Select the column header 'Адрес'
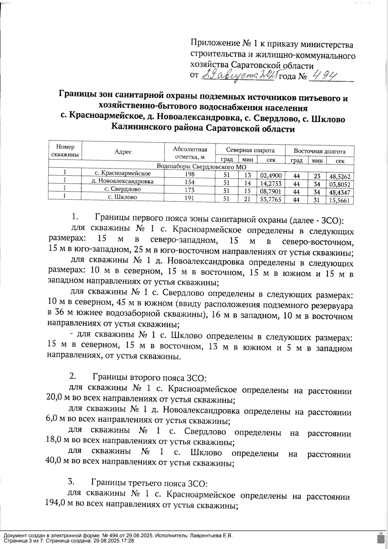click(x=123, y=152)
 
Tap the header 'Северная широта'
click(x=250, y=150)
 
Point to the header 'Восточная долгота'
click(x=319, y=151)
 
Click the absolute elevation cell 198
click(x=189, y=175)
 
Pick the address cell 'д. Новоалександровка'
click(x=123, y=182)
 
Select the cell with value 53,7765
click(x=271, y=199)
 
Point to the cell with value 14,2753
click(x=271, y=183)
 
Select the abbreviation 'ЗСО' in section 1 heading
click(x=330, y=221)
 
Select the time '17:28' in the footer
click(x=128, y=541)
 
